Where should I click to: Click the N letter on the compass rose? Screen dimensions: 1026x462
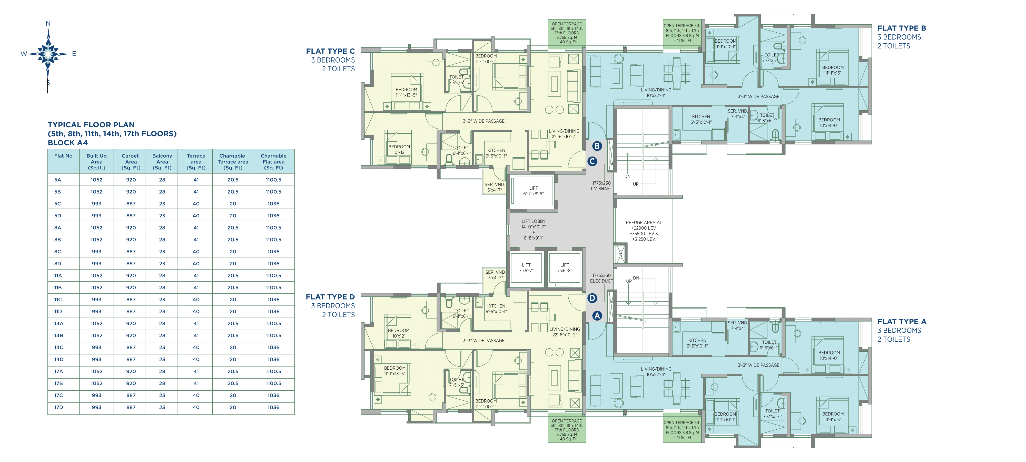[x=48, y=24]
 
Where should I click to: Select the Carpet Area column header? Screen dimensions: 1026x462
[x=131, y=161]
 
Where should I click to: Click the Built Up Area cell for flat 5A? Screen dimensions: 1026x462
[x=96, y=180]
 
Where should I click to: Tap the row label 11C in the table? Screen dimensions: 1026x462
[x=58, y=299]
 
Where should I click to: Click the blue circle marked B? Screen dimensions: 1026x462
[x=597, y=146]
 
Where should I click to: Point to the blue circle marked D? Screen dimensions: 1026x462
[x=592, y=298]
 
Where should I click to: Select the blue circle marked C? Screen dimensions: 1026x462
[x=592, y=161]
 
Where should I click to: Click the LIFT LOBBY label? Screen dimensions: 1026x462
[x=533, y=221]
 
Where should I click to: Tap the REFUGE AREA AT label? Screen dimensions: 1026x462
[x=644, y=223]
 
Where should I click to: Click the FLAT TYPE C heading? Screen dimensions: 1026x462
[x=330, y=51]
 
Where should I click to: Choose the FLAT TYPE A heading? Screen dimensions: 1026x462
[x=902, y=321]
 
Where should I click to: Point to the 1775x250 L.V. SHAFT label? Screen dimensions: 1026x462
[x=601, y=186]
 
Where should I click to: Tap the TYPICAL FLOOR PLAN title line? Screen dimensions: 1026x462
[x=91, y=125]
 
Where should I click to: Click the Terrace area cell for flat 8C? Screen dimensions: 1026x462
[x=196, y=252]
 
